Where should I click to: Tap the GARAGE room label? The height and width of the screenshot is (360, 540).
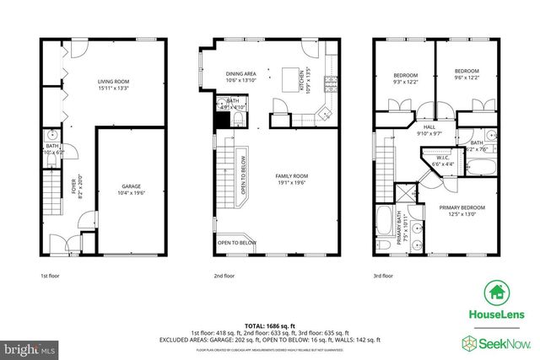[130, 186]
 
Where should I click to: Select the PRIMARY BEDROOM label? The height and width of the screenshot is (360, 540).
[462, 207]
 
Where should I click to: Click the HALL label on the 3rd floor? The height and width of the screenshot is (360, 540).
[430, 127]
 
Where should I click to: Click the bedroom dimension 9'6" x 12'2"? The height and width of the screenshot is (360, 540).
[467, 77]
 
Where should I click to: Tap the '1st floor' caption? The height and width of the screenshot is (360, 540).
[51, 275]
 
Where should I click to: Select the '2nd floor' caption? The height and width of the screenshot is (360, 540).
[224, 275]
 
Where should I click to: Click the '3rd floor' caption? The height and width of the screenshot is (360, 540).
[385, 275]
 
